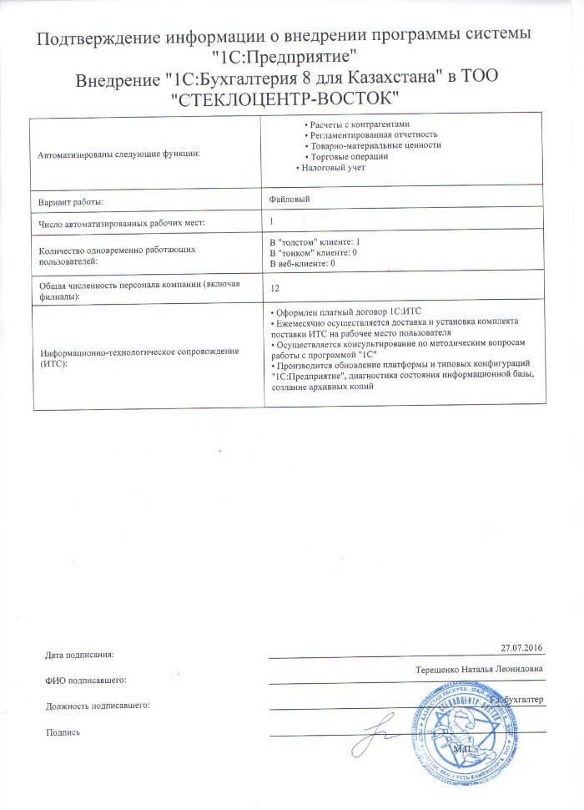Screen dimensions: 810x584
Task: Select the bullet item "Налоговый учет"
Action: click(334, 168)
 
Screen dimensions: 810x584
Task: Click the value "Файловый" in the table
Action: click(289, 199)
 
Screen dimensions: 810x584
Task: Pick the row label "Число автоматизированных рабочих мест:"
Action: click(122, 224)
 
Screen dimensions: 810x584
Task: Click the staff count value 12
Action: click(276, 288)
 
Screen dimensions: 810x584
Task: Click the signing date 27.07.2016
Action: click(521, 647)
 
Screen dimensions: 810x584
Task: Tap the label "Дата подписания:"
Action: click(78, 653)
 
